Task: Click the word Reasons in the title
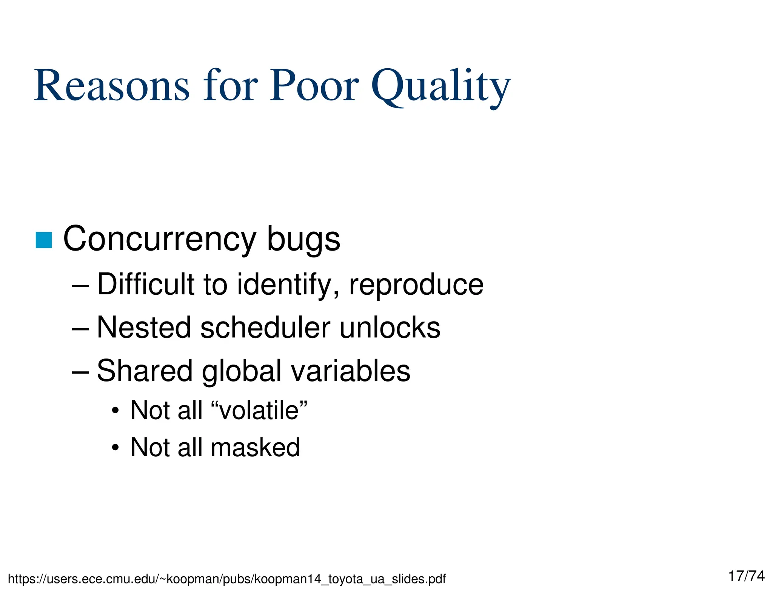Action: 112,86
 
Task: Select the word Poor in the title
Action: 314,86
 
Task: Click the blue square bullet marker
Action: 43,240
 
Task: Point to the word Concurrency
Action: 160,239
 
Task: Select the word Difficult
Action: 146,285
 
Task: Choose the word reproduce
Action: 416,285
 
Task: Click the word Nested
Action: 143,328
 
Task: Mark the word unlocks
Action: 390,328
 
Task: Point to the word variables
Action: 350,371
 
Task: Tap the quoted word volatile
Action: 259,410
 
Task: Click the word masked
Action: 255,448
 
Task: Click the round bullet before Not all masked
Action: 115,448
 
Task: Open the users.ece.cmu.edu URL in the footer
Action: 226,579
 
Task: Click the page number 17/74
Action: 746,576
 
